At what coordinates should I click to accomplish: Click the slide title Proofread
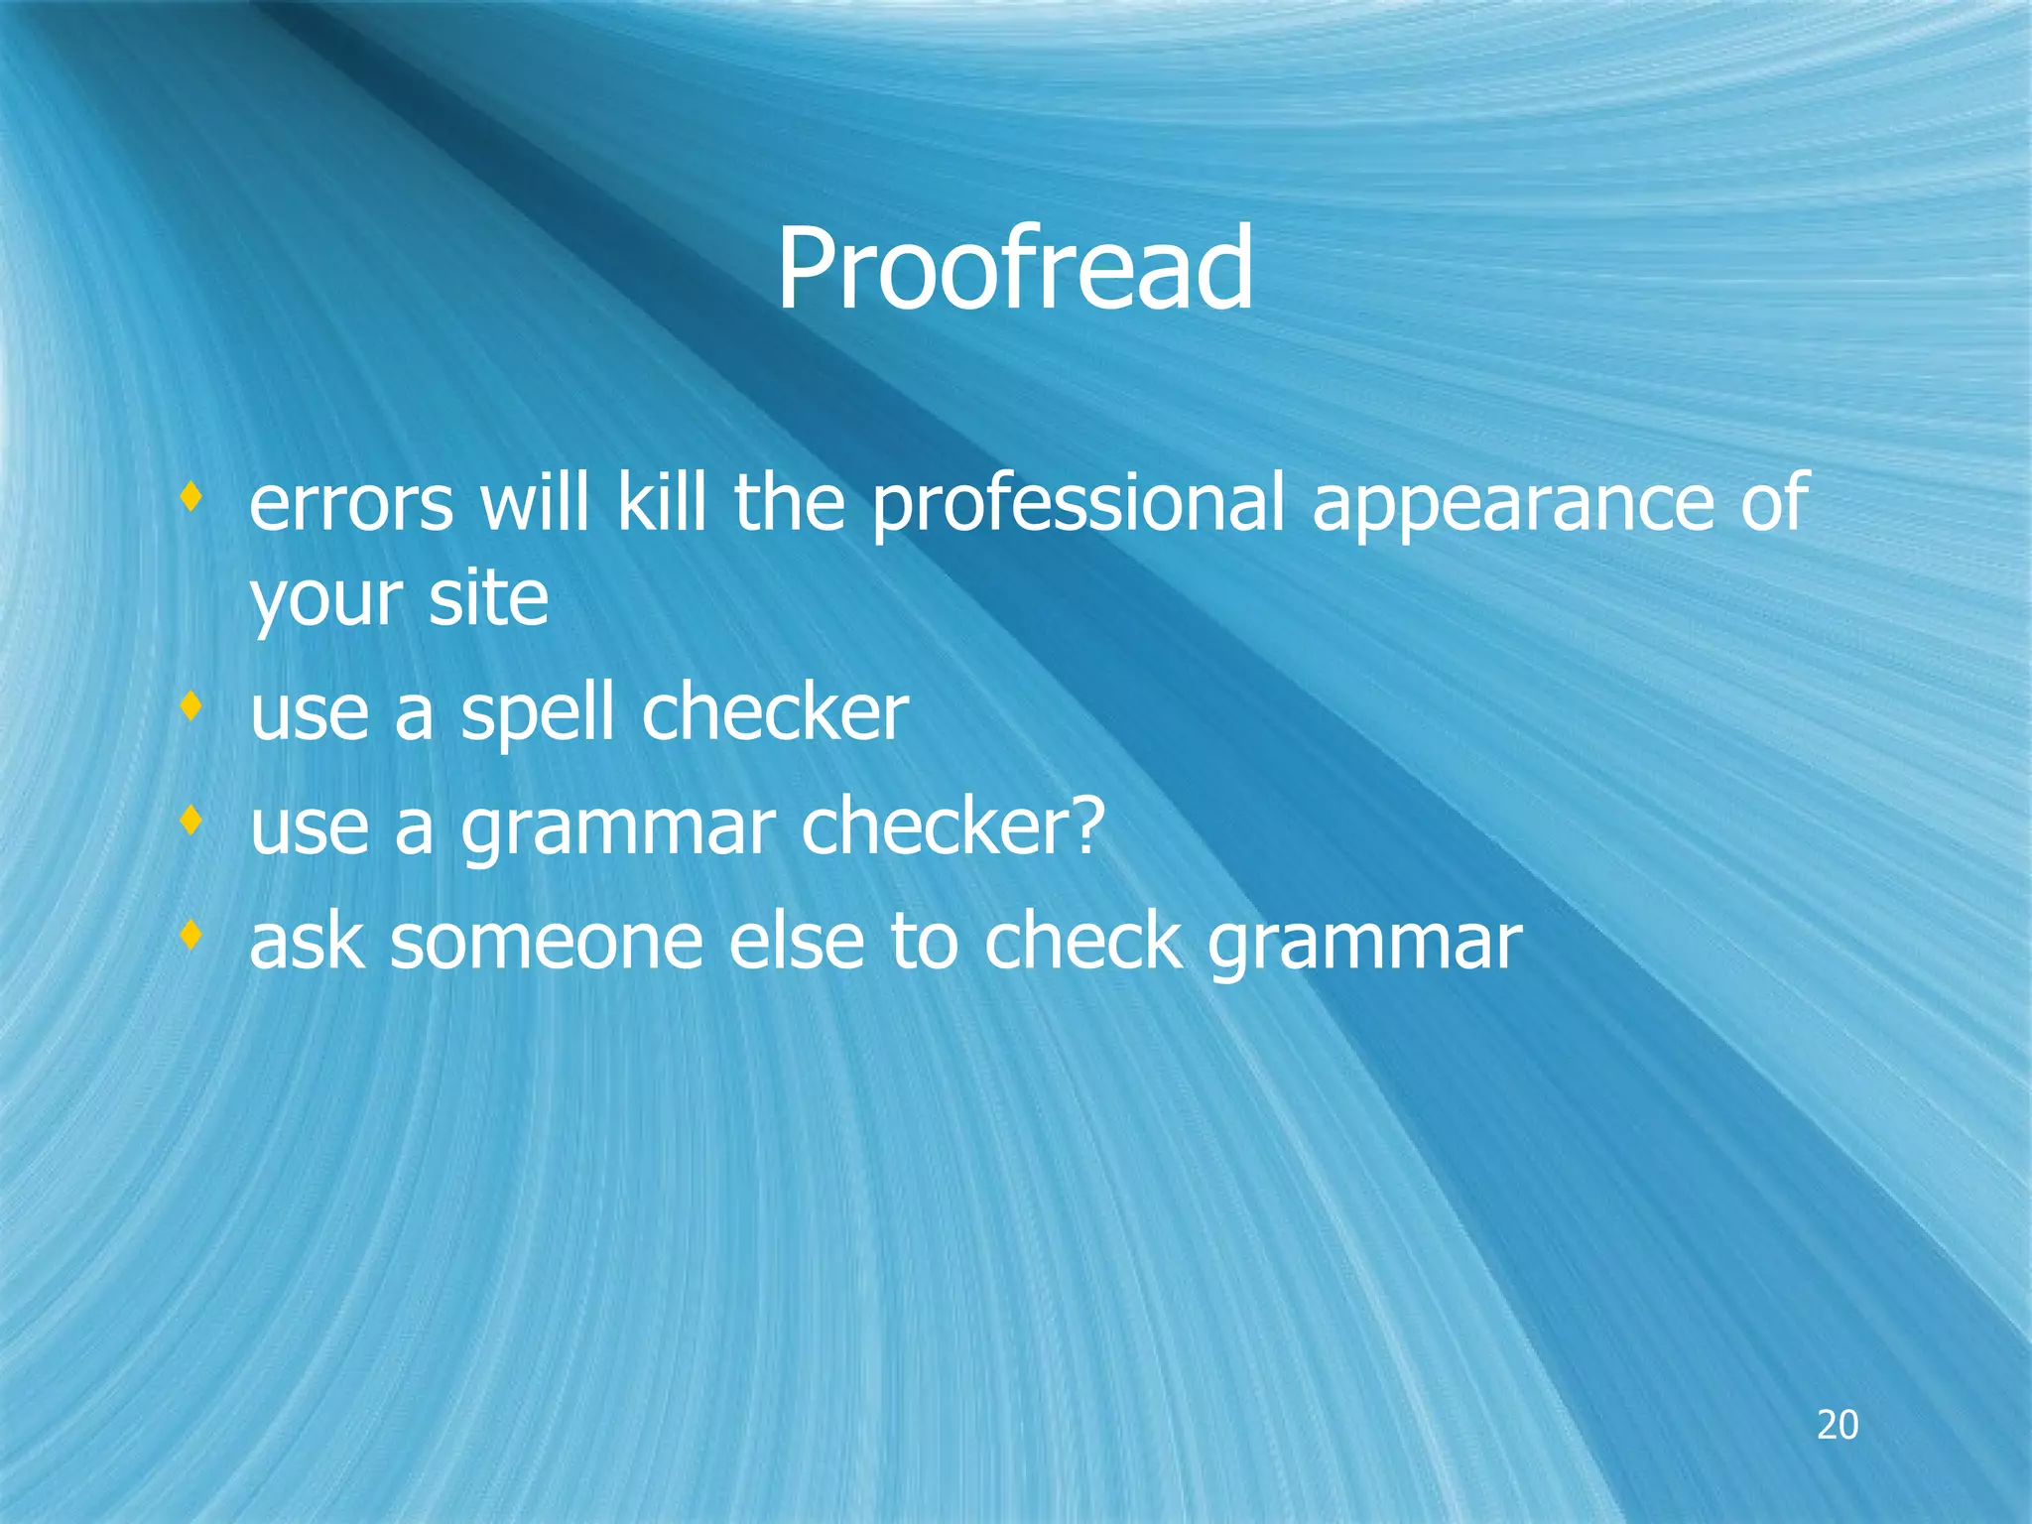[1014, 270]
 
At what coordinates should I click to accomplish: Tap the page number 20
[1837, 1425]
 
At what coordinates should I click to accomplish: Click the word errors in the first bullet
[351, 504]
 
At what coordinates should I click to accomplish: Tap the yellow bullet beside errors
[191, 495]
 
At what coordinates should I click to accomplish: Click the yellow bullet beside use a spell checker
[191, 705]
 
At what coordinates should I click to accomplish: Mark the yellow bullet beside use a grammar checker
[191, 821]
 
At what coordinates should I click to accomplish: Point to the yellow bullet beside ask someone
[191, 934]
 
